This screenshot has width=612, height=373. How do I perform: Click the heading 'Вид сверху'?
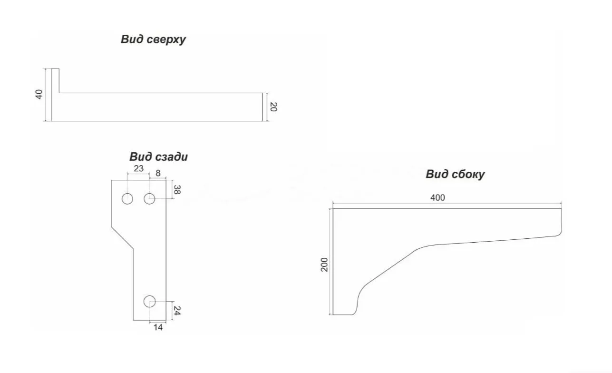click(x=153, y=39)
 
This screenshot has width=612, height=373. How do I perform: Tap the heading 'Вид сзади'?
click(x=158, y=157)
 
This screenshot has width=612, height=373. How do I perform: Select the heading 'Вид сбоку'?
click(x=455, y=174)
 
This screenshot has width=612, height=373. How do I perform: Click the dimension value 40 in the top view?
click(x=39, y=94)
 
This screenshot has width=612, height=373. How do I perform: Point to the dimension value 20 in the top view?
click(x=273, y=107)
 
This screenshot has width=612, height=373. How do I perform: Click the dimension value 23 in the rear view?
click(x=138, y=168)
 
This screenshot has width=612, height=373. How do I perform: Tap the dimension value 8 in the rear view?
click(x=158, y=173)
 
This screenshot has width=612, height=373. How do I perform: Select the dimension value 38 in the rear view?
click(x=177, y=190)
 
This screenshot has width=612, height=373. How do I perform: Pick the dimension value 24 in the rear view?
click(x=177, y=310)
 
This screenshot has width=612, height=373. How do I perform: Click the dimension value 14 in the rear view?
click(x=158, y=327)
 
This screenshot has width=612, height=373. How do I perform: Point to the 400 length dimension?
click(x=437, y=197)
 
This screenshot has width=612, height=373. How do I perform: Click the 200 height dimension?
click(x=324, y=265)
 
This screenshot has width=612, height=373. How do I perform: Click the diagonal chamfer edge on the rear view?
click(x=122, y=237)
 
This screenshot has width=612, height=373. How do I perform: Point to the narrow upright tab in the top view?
click(x=55, y=81)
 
